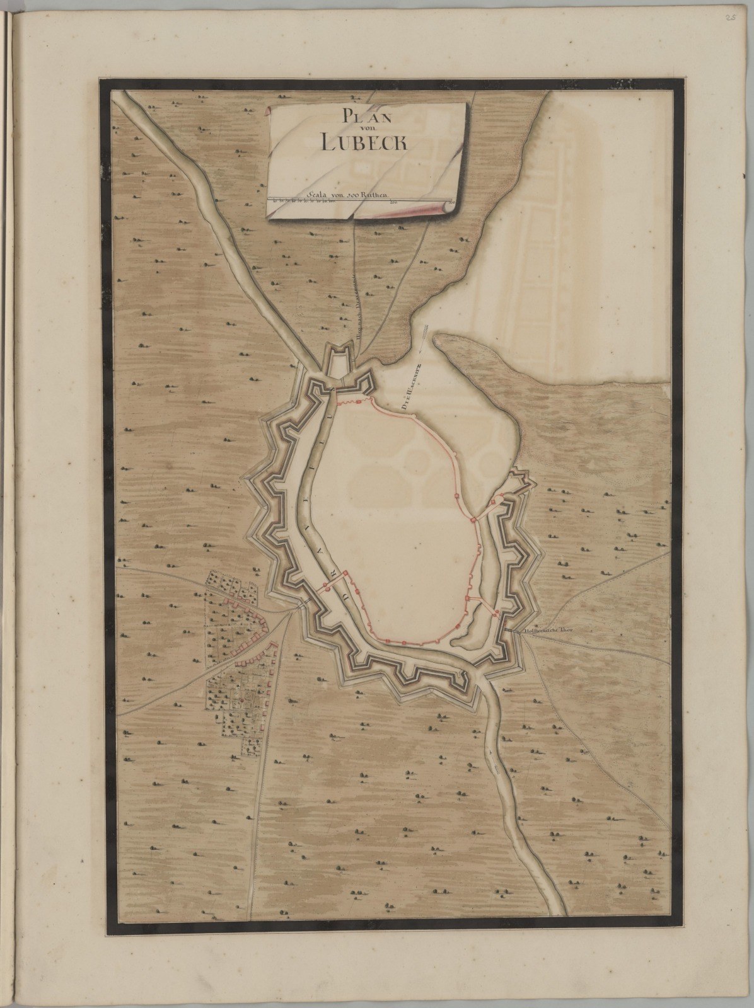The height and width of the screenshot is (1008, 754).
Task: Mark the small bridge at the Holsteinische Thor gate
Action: coord(511,629)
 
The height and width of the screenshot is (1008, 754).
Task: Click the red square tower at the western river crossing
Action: coord(327,587)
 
